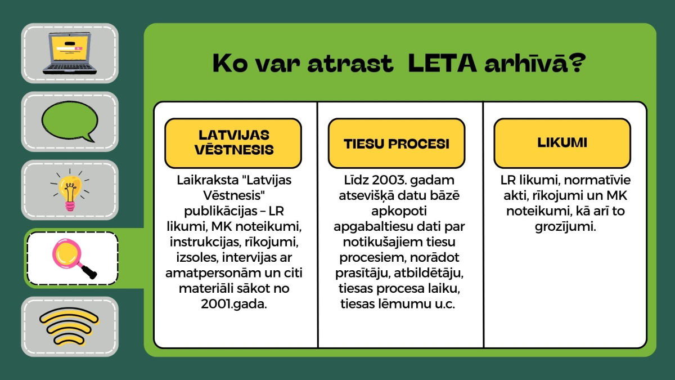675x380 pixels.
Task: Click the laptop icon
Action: tap(70, 53)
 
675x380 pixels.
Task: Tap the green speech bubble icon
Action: tap(70, 121)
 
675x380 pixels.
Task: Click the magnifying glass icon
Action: tap(74, 258)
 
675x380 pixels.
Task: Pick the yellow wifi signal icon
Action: tap(69, 327)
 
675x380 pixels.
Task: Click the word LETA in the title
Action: tap(442, 63)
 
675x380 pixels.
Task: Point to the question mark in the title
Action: tap(577, 62)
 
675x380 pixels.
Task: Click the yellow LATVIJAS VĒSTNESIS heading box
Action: tap(233, 143)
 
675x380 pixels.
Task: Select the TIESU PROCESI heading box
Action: tap(396, 143)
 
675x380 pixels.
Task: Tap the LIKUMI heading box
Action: tap(562, 143)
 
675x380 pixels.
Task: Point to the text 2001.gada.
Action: tap(234, 304)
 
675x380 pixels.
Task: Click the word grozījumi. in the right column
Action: tap(565, 227)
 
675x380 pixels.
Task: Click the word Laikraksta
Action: tap(208, 180)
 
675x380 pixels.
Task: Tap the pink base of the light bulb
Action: tap(70, 207)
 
